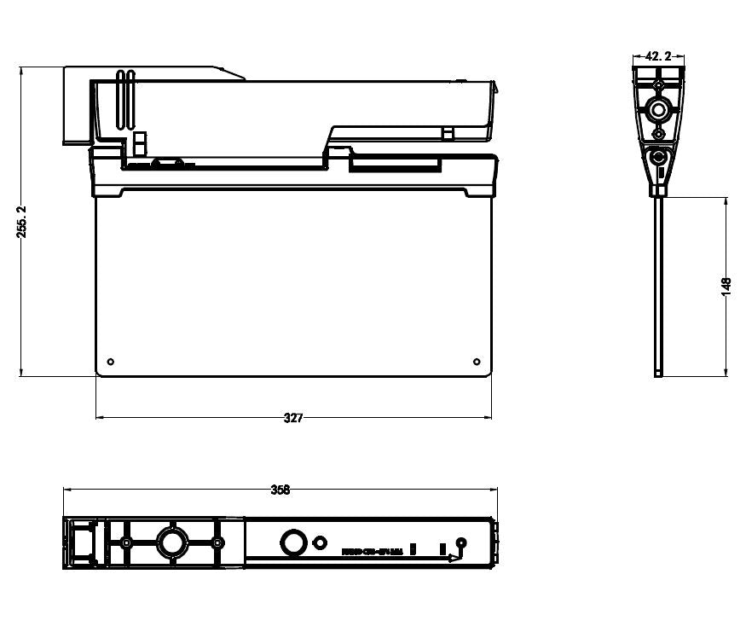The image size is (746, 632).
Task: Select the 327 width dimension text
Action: [292, 418]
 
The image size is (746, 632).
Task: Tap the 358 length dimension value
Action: [280, 490]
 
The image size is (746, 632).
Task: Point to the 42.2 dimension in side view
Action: [658, 56]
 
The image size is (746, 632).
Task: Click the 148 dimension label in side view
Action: [726, 287]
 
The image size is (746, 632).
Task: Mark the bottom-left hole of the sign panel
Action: [111, 361]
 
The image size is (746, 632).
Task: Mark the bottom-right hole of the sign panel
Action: [476, 361]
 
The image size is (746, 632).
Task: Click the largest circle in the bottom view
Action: [171, 542]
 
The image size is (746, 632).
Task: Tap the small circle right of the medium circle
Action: [320, 542]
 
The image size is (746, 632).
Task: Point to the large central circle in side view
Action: [657, 109]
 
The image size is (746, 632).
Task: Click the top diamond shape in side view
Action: [657, 85]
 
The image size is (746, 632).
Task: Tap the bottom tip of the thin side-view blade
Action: [658, 374]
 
